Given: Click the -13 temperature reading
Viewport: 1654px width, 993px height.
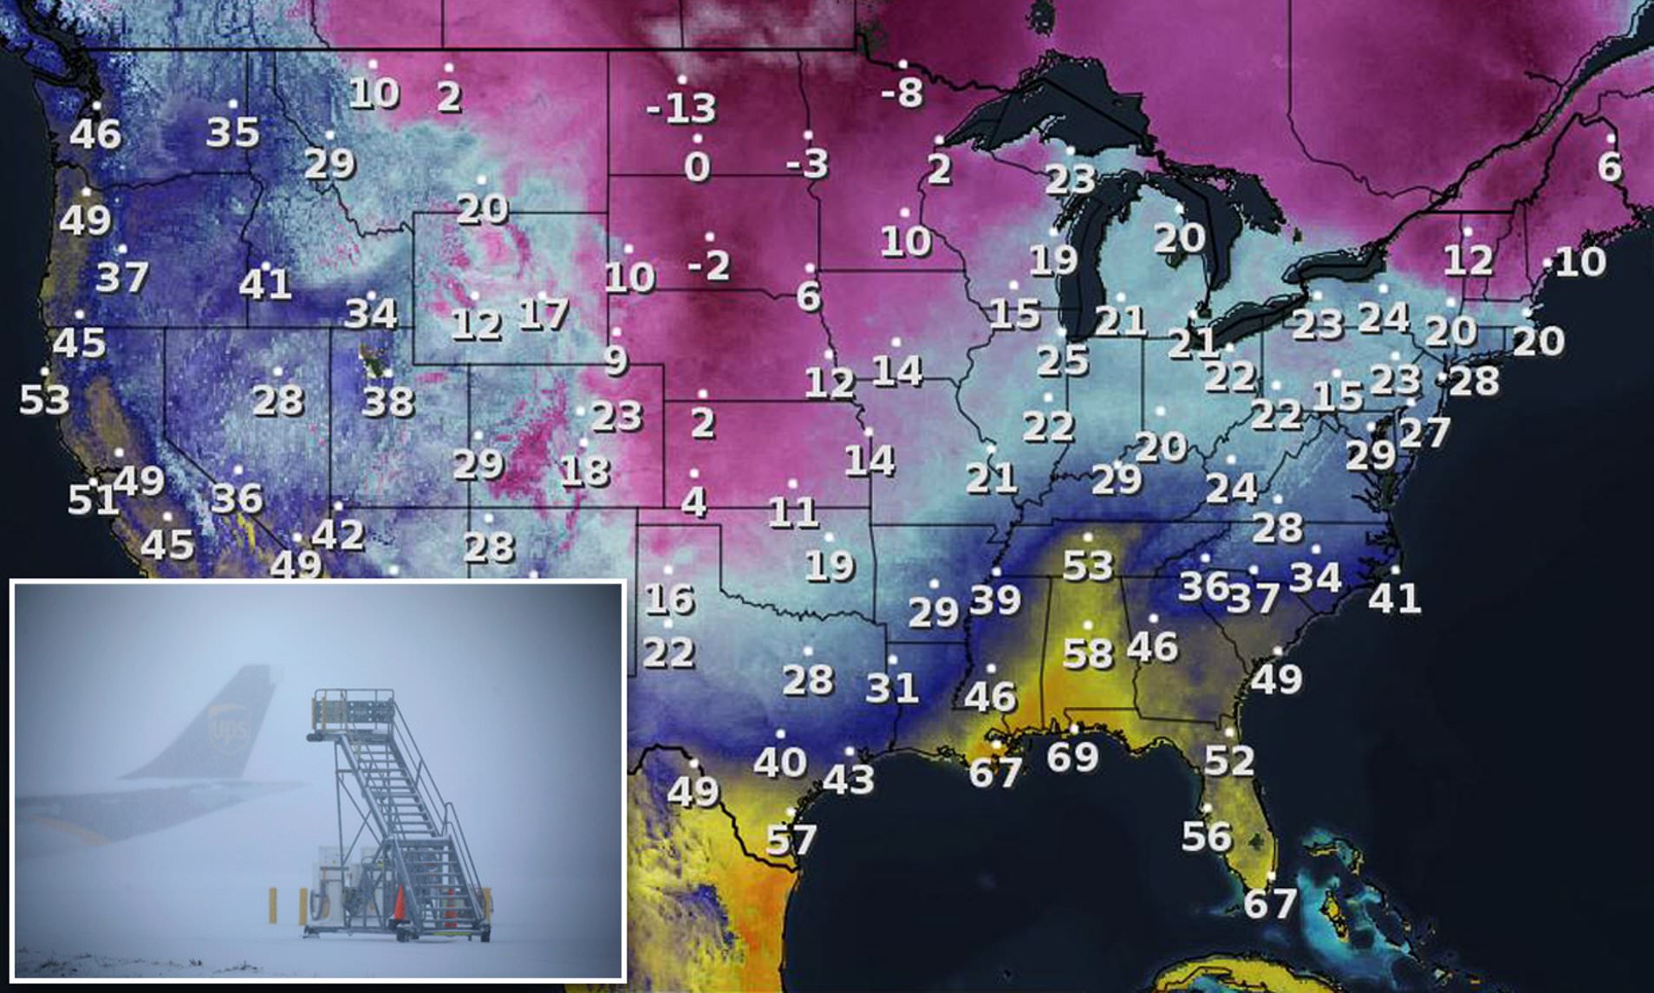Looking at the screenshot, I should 681,108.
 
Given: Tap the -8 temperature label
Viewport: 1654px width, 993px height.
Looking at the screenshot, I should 902,92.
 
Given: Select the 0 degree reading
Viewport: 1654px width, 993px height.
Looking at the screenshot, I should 697,167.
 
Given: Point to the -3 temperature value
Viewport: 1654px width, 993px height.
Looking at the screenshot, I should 807,163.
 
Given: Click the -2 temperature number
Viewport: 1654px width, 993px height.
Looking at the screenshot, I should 709,265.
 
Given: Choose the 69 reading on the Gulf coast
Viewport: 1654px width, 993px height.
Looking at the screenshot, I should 1073,756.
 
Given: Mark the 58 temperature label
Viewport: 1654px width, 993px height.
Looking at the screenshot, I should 1088,653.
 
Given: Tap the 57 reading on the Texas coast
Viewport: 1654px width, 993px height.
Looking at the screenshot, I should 791,839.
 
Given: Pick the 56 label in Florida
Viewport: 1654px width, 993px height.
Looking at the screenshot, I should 1207,836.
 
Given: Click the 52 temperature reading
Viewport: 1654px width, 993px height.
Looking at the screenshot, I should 1229,761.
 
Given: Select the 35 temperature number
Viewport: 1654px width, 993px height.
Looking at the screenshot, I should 232,133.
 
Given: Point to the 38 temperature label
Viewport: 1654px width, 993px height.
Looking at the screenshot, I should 388,401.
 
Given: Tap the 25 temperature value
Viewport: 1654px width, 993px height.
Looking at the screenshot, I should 1063,360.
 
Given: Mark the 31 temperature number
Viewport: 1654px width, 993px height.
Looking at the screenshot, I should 892,688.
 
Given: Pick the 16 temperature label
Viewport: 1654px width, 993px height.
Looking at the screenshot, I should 669,599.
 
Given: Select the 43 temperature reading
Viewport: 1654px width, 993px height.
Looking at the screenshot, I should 848,779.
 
